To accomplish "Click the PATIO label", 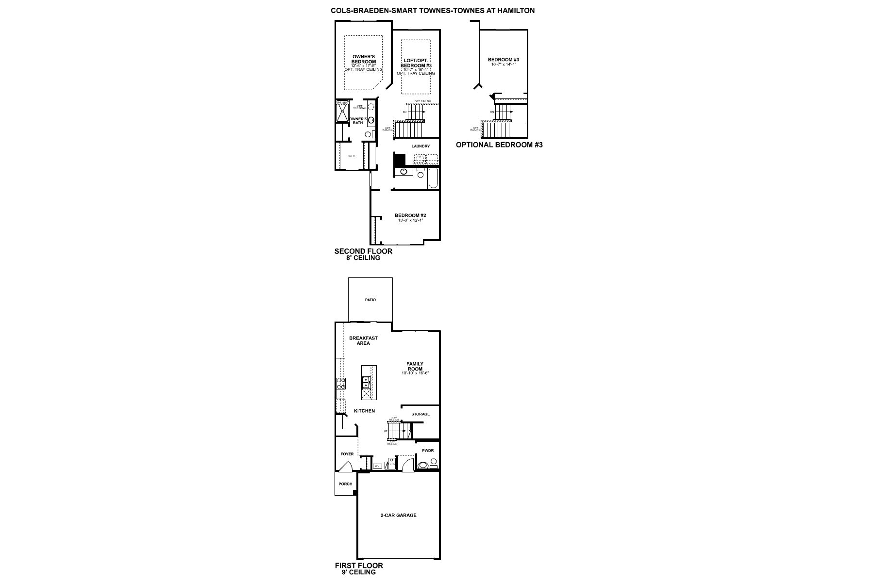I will (370, 300).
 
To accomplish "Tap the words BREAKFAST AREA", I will (363, 340).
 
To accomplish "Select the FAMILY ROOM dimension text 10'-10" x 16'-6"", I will (415, 373).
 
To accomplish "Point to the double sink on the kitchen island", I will (366, 383).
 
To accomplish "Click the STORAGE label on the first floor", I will (420, 414).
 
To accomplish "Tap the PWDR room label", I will (427, 451).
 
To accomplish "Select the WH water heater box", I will (377, 466).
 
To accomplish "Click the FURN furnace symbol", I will (391, 464).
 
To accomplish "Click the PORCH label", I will (345, 484).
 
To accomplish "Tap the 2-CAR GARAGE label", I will (398, 515).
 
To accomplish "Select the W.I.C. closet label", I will (352, 156).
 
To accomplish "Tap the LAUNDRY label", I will (420, 146).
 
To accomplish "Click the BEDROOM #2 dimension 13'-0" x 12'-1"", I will (410, 220).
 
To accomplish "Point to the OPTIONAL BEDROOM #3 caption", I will (499, 145).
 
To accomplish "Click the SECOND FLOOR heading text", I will (363, 251).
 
